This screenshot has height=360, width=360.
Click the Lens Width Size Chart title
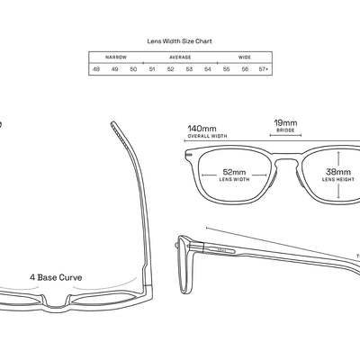[x=179, y=40]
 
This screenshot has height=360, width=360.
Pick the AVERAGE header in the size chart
[x=180, y=57]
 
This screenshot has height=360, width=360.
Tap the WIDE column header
[x=245, y=57]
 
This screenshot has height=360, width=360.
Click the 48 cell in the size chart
[x=96, y=68]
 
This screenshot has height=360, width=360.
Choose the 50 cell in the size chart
[x=133, y=68]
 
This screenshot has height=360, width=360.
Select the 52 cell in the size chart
[x=171, y=68]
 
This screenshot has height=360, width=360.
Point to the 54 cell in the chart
[x=208, y=68]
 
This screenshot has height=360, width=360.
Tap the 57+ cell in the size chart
[x=264, y=68]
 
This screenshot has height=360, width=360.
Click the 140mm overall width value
[x=202, y=129]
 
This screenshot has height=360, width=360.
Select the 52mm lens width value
[x=234, y=170]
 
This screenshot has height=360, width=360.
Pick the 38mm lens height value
[x=337, y=170]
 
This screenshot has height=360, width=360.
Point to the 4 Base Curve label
[x=56, y=277]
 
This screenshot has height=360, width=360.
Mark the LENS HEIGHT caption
[x=337, y=179]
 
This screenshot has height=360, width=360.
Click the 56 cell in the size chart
[x=245, y=68]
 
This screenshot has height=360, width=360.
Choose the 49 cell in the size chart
[x=115, y=68]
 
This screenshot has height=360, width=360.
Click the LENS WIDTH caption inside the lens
[x=234, y=179]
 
